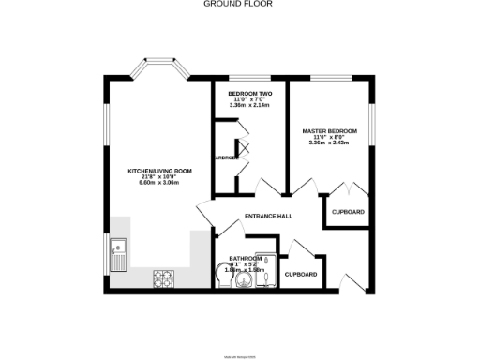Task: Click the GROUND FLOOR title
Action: [239, 4]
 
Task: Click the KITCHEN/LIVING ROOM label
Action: [160, 172]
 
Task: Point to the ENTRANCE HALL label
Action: [268, 217]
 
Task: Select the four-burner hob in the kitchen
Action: [165, 277]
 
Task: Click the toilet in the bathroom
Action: [224, 274]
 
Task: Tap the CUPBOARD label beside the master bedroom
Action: [349, 212]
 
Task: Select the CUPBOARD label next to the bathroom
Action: [301, 275]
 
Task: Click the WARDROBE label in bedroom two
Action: [230, 157]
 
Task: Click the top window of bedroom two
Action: [248, 79]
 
